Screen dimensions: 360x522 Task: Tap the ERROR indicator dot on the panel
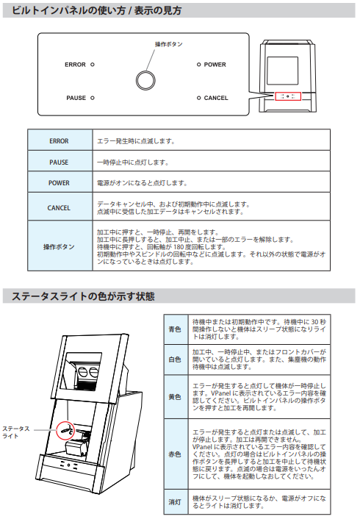(x=93, y=64)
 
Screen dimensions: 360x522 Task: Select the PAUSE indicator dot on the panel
(x=93, y=98)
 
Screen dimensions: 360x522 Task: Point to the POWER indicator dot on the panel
(x=198, y=64)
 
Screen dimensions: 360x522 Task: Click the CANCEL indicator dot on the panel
(x=198, y=98)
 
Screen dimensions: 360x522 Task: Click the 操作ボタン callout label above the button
(x=169, y=44)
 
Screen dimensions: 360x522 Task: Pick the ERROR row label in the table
(x=59, y=141)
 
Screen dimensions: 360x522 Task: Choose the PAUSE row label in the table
(x=59, y=162)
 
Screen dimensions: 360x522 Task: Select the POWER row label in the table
(x=59, y=183)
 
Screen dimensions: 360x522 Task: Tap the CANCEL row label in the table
(x=59, y=208)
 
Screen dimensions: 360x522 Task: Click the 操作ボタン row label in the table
(x=59, y=247)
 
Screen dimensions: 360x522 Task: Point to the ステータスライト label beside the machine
(x=16, y=432)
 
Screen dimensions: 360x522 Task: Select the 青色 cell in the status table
(x=175, y=329)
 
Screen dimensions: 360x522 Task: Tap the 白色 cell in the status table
(x=175, y=360)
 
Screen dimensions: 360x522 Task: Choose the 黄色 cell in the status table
(x=175, y=397)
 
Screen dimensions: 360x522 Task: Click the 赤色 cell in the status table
(x=175, y=454)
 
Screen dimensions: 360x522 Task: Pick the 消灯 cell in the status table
(x=175, y=502)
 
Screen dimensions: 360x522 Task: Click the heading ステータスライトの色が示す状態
(x=83, y=296)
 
